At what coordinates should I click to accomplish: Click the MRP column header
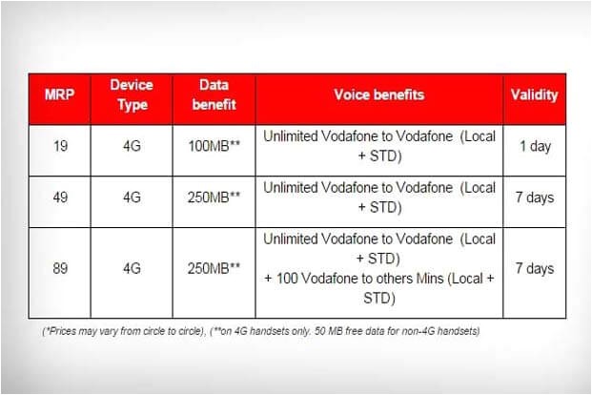point(60,94)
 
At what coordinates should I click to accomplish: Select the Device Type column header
point(132,94)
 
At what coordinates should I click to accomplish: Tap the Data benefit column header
point(214,94)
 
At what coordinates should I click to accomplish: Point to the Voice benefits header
point(379,94)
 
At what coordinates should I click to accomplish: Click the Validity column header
point(534,94)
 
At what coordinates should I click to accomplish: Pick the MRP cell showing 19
point(60,146)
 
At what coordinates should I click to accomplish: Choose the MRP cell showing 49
point(60,197)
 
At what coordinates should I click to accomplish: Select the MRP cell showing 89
point(60,268)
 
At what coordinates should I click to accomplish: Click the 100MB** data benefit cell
point(214,146)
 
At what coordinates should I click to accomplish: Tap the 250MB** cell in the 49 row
point(214,197)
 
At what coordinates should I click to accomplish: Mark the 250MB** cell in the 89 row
point(214,268)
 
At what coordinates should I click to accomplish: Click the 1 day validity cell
point(536,146)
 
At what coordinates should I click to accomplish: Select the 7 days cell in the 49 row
point(535,197)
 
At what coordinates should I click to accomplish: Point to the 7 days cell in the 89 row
point(535,269)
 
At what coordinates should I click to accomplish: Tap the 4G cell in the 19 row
point(132,146)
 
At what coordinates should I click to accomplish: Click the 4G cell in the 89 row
point(132,268)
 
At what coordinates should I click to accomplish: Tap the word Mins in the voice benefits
point(429,279)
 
